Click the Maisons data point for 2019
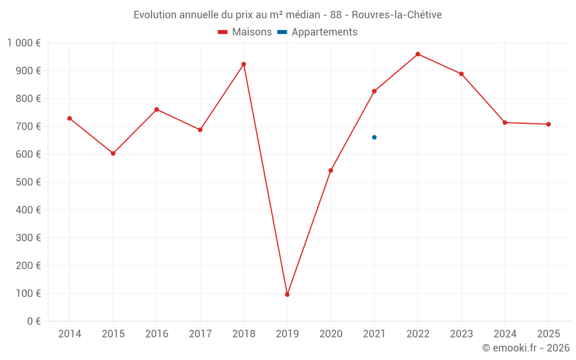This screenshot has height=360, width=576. (x=287, y=294)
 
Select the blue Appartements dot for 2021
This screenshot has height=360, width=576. (x=374, y=137)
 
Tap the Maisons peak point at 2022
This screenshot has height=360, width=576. (x=418, y=54)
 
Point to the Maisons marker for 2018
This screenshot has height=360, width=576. (x=244, y=64)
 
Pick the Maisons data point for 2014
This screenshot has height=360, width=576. (x=70, y=118)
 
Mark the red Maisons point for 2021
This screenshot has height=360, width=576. (x=374, y=91)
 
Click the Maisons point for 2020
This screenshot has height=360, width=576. (x=331, y=170)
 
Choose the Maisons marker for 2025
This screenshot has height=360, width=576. (x=548, y=124)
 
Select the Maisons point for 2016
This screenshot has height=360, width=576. (x=157, y=109)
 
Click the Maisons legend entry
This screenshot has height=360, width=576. (x=245, y=32)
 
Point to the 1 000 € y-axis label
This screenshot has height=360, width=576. (x=24, y=43)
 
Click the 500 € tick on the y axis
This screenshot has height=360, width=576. (x=29, y=182)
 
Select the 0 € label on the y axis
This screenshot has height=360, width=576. (x=34, y=321)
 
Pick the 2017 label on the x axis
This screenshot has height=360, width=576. (x=200, y=334)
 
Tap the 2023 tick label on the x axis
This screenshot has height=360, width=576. (x=461, y=334)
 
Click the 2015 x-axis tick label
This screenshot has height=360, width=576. (x=113, y=334)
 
